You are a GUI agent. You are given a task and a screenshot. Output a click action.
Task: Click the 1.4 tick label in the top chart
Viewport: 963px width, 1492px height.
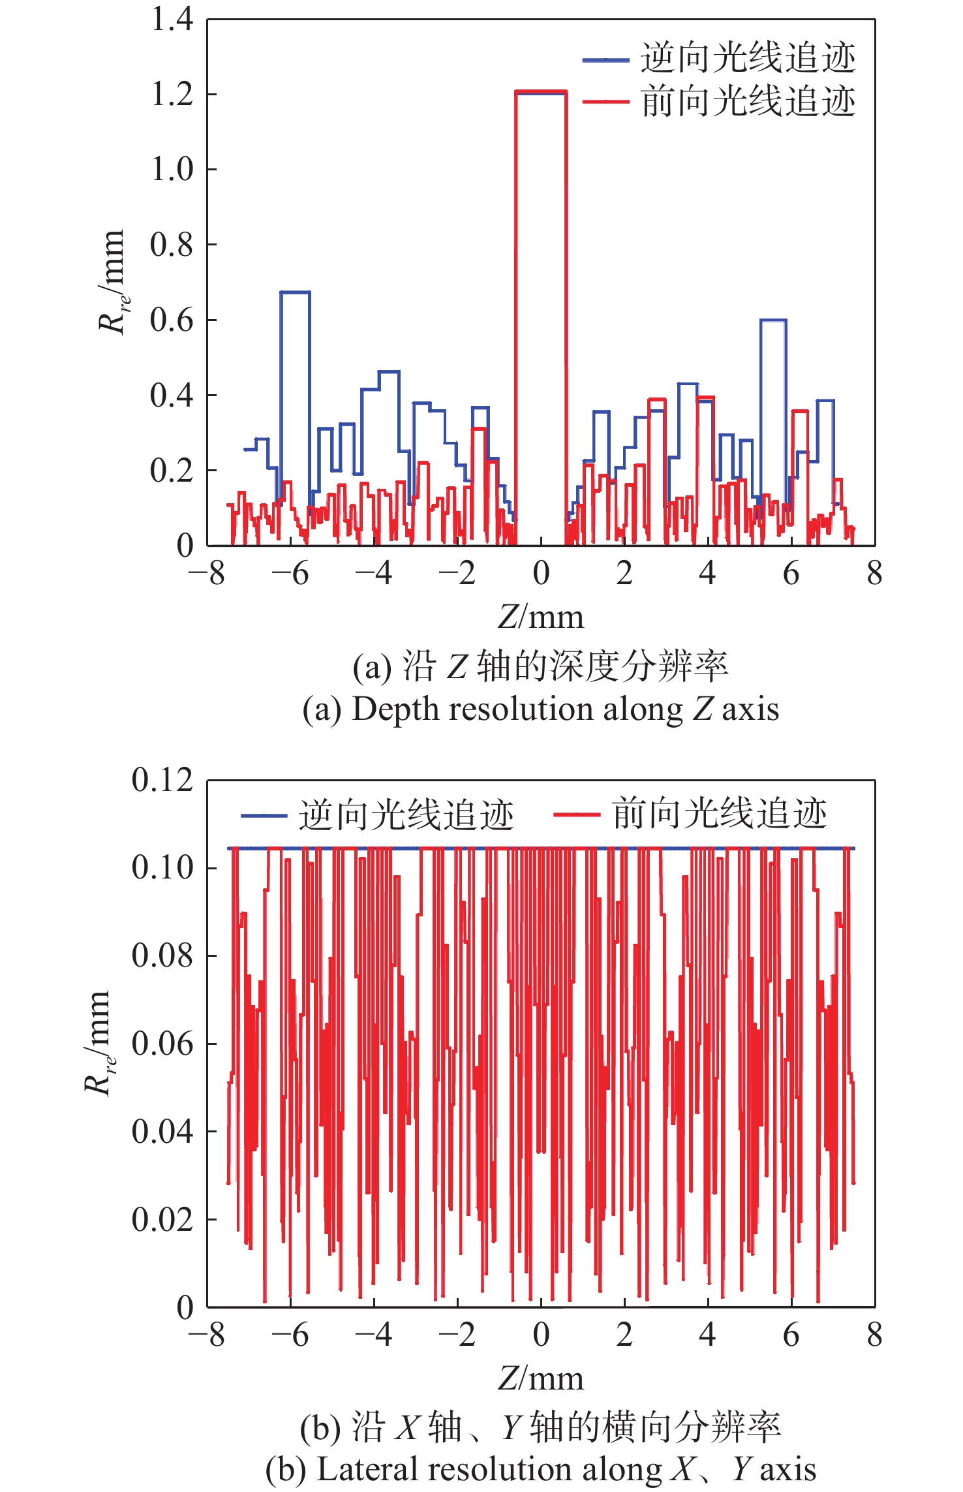point(172,20)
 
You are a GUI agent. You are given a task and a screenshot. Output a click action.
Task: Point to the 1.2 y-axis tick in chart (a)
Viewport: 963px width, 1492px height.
point(172,95)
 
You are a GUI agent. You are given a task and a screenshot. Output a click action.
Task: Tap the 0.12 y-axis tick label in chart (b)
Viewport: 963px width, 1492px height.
point(162,780)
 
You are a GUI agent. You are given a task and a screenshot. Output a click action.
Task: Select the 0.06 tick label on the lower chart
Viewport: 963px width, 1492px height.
point(162,1044)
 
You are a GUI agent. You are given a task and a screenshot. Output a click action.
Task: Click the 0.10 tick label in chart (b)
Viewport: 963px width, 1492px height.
point(162,868)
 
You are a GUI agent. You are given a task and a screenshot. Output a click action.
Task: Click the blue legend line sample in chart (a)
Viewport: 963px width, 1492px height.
point(605,60)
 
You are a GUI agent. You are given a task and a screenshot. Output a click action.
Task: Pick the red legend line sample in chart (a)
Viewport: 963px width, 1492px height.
point(605,102)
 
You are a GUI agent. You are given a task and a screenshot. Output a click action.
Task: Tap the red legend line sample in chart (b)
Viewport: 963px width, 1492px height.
point(577,815)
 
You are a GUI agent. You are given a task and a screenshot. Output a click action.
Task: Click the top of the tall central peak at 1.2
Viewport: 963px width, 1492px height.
point(541,92)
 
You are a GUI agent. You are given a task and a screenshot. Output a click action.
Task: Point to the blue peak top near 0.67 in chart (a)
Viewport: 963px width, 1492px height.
point(295,292)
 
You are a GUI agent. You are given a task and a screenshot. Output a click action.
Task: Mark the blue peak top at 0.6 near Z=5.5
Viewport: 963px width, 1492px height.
point(773,320)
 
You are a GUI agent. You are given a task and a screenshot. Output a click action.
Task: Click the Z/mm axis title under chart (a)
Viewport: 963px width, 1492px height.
point(541,617)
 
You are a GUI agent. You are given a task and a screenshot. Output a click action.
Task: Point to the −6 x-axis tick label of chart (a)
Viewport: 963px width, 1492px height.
point(290,574)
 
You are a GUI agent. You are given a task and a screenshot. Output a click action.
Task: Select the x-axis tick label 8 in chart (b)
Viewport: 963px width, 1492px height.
point(875,1335)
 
